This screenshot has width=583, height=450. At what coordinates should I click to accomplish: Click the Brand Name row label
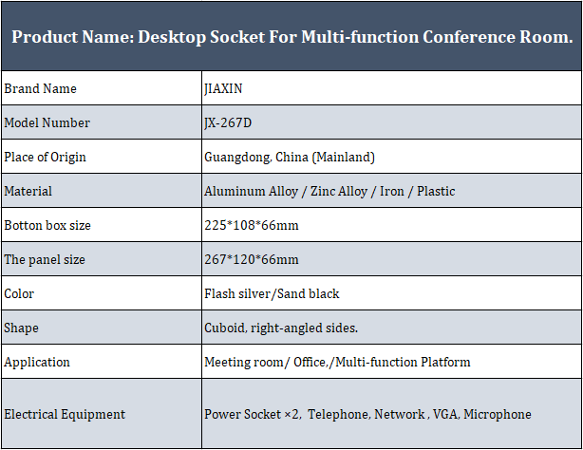[x=40, y=88]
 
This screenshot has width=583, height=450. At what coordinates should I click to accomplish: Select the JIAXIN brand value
[x=223, y=89]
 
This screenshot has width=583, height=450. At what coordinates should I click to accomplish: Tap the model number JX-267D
[x=228, y=123]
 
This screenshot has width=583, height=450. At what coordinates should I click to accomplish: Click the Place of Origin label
[x=45, y=158]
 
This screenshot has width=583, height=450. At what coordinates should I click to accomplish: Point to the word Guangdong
[x=237, y=158]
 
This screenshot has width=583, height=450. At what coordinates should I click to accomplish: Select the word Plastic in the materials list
[x=436, y=191]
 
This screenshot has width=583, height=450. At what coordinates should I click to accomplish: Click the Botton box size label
[x=47, y=225]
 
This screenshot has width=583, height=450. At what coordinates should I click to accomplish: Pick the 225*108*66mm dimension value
[x=252, y=225]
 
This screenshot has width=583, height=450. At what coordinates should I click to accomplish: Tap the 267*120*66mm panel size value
[x=252, y=259]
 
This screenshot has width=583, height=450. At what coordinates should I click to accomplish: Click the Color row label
[x=19, y=293]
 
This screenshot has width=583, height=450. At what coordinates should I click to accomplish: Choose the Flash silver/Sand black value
[x=272, y=293]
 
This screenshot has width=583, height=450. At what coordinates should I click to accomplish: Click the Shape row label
[x=21, y=328]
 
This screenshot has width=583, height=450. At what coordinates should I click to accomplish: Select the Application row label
[x=37, y=363]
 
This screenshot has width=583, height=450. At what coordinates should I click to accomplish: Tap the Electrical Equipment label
[x=65, y=415]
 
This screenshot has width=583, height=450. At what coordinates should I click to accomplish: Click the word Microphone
[x=498, y=415]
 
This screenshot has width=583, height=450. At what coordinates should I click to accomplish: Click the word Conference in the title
[x=468, y=37]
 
